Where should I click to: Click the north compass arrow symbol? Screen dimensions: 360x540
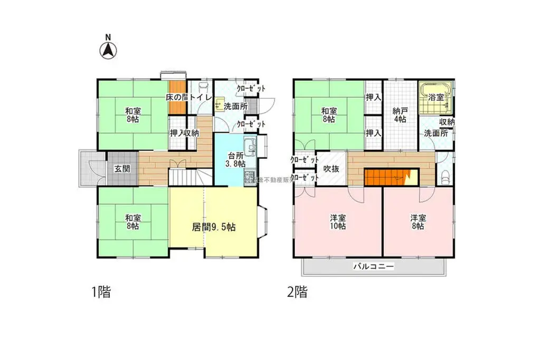(x=109, y=51)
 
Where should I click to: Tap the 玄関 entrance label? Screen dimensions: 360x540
(x=122, y=169)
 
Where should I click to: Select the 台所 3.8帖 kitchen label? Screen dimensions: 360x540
(x=236, y=159)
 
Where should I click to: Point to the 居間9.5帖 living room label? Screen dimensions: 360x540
(x=213, y=228)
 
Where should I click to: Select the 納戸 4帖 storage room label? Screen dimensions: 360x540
(x=400, y=116)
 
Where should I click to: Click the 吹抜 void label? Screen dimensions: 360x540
(x=331, y=169)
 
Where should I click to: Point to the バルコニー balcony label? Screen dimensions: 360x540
(x=373, y=267)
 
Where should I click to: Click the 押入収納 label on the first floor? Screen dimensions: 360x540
(x=184, y=132)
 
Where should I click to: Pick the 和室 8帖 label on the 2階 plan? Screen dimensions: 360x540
(x=328, y=115)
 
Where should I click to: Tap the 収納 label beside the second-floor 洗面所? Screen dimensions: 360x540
(x=446, y=122)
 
